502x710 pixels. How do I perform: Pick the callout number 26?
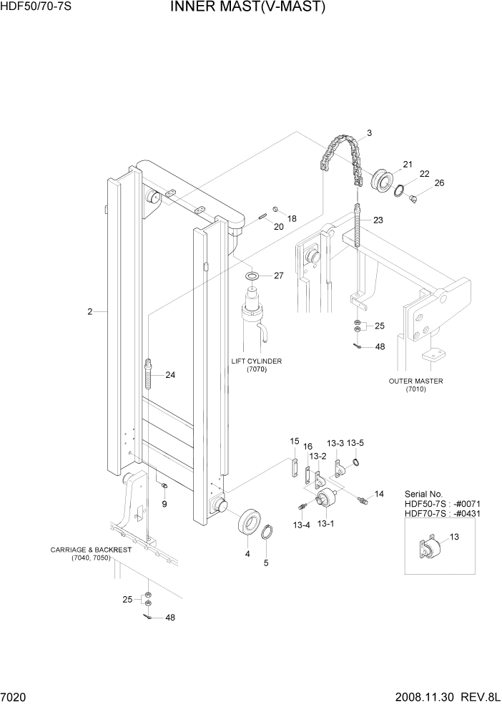pyautogui.click(x=439, y=183)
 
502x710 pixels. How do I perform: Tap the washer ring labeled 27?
pyautogui.click(x=253, y=276)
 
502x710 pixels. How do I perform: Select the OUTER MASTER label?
pyautogui.click(x=415, y=381)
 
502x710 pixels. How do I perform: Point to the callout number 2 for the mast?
pyautogui.click(x=89, y=311)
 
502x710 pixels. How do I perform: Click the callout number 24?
pyautogui.click(x=170, y=374)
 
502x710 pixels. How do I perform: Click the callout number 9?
pyautogui.click(x=164, y=505)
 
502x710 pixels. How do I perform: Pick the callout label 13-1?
pyautogui.click(x=326, y=524)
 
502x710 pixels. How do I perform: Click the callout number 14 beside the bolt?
pyautogui.click(x=379, y=494)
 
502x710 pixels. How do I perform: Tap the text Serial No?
pyautogui.click(x=423, y=494)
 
